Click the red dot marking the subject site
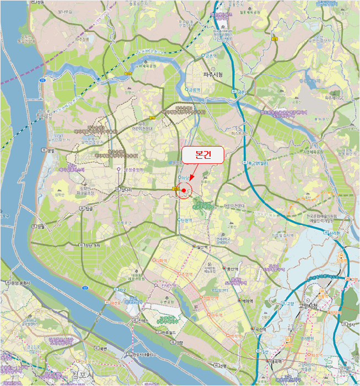184,190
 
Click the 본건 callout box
202,155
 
